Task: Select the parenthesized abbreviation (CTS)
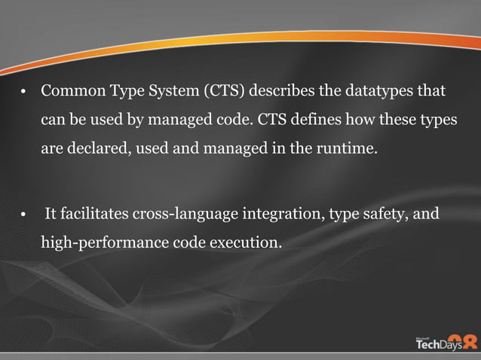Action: [x=224, y=93]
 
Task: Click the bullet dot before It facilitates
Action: [x=25, y=217]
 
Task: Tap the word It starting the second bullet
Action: [x=51, y=215]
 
